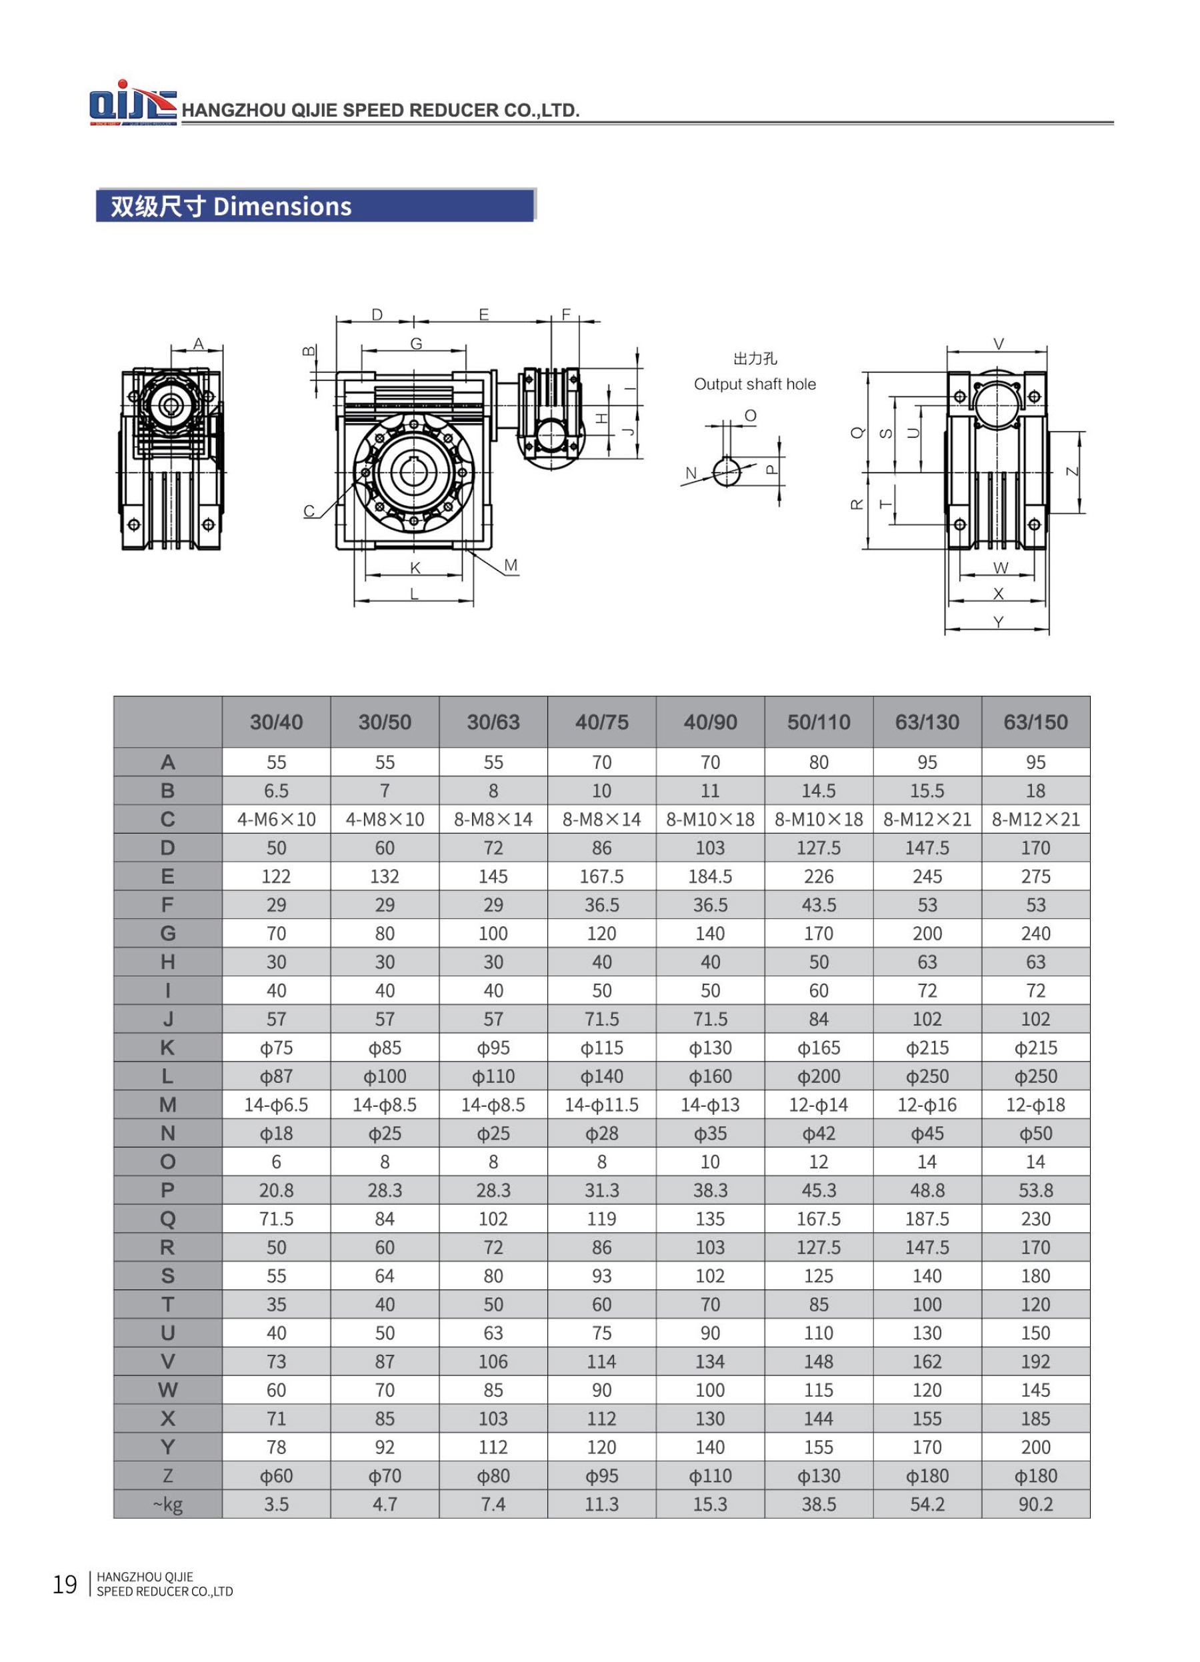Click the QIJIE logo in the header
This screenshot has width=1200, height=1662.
tap(132, 103)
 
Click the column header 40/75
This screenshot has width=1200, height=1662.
tap(601, 722)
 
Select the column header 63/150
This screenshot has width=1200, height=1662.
tap(1035, 722)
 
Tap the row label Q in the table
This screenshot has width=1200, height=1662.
tap(167, 1220)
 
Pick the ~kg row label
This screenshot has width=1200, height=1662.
tap(167, 1505)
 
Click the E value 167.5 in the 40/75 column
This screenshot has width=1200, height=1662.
tap(601, 876)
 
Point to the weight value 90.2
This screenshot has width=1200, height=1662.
tap(1035, 1505)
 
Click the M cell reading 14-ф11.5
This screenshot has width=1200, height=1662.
tap(601, 1105)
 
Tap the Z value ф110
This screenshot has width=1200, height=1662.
tap(709, 1476)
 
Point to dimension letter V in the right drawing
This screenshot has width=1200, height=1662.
tap(998, 344)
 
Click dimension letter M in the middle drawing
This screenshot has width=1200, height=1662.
tap(511, 565)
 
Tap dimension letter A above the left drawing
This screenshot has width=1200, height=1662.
tap(198, 343)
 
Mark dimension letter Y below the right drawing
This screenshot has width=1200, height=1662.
tap(998, 622)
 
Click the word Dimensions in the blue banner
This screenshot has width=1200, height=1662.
tap(282, 207)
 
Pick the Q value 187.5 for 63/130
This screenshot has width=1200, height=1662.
tap(927, 1220)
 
